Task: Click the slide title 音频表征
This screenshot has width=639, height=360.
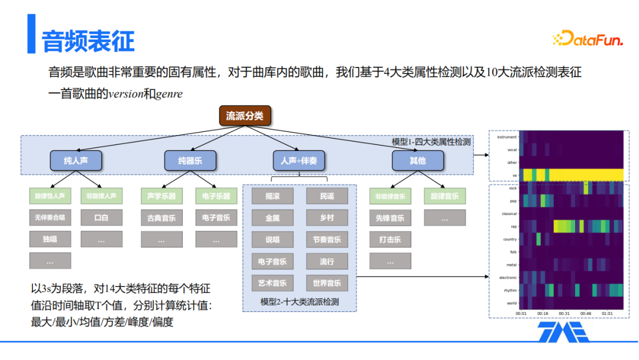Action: pos(88,40)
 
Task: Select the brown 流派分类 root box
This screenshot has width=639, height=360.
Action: pos(245,116)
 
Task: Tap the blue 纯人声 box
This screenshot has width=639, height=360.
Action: pos(76,160)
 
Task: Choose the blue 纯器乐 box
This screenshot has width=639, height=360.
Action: pos(190,160)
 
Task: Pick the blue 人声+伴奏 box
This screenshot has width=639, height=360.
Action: pos(299,160)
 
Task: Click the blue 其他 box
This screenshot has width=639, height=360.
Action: pos(417,160)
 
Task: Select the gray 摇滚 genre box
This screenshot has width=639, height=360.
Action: pos(272,196)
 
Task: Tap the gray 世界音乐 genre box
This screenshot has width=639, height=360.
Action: pos(327,283)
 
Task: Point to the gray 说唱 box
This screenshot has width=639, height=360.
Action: pos(272,239)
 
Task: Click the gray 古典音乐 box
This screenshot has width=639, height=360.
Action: pos(162,217)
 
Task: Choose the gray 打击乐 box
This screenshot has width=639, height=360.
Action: pos(390,239)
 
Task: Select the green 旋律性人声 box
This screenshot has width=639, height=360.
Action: pos(50,196)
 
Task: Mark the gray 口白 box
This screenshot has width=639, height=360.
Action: pos(101,217)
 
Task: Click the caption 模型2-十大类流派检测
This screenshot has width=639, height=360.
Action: pos(299,301)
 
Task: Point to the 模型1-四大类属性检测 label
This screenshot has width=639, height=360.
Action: pos(431,142)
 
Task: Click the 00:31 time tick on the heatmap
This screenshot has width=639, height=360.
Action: pos(564,313)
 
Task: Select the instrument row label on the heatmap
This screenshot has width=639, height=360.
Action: pos(507,137)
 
